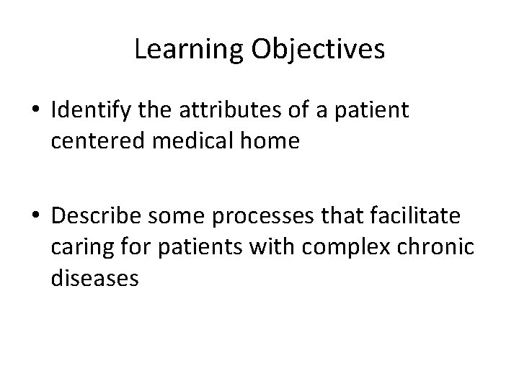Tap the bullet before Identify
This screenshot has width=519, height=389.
click(x=36, y=112)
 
